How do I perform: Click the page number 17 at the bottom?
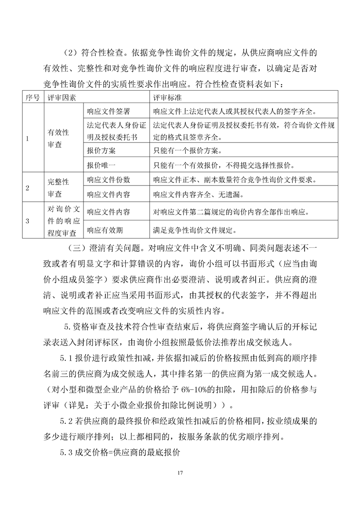click(180, 473)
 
